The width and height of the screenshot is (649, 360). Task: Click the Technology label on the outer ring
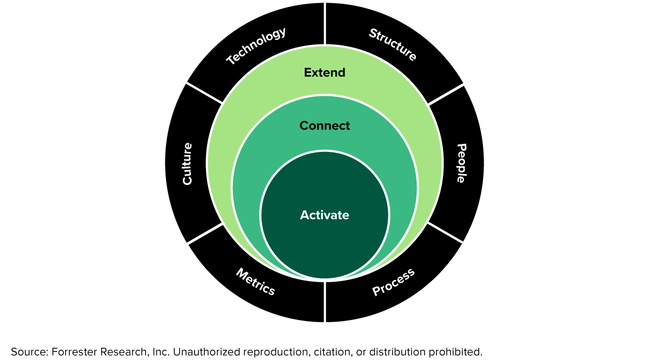click(256, 46)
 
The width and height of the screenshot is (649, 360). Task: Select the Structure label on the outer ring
click(393, 45)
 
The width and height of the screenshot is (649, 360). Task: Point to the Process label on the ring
click(393, 282)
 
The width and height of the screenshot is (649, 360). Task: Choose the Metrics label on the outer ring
click(255, 282)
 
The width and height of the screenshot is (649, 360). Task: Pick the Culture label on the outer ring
click(187, 163)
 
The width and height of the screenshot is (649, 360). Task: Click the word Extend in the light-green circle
click(325, 72)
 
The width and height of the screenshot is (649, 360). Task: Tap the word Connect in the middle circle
click(325, 125)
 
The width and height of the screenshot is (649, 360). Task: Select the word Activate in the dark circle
click(325, 215)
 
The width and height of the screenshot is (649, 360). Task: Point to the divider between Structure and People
click(446, 94)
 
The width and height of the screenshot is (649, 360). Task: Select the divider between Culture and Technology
click(204, 93)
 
